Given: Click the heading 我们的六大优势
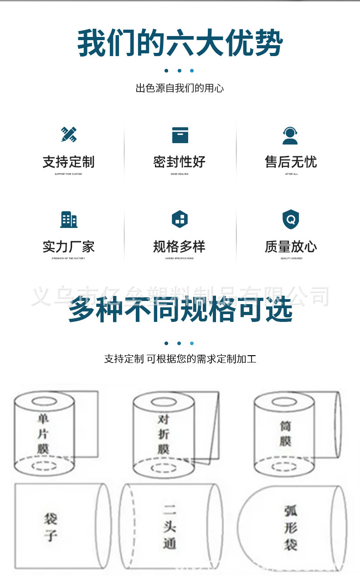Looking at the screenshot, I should click(x=180, y=43).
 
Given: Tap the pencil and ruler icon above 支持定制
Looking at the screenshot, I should click(x=69, y=134).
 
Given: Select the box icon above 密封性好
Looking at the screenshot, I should click(x=180, y=135).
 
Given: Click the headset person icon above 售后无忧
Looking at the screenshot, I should click(x=290, y=135).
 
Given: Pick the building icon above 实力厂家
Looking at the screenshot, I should click(x=69, y=219).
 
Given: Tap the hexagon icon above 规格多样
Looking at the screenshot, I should click(x=180, y=219).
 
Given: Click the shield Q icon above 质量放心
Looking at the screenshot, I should click(x=290, y=219).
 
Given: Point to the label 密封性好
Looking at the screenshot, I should click(x=180, y=162).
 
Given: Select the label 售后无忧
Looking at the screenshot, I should click(x=291, y=162).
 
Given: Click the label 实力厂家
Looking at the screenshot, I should click(x=69, y=247).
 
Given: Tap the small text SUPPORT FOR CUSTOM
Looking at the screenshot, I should click(x=68, y=174).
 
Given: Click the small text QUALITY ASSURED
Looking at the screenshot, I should click(x=291, y=259).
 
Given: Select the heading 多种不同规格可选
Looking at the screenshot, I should click(x=180, y=310).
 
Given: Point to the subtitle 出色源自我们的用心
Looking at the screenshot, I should click(x=180, y=88).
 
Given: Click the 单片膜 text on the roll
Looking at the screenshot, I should click(x=43, y=433).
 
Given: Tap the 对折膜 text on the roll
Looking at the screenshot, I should click(x=164, y=434).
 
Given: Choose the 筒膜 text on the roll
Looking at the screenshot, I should click(x=285, y=434).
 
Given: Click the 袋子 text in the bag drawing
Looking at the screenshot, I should click(x=51, y=527).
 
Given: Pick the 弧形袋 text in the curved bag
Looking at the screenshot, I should click(x=290, y=527).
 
